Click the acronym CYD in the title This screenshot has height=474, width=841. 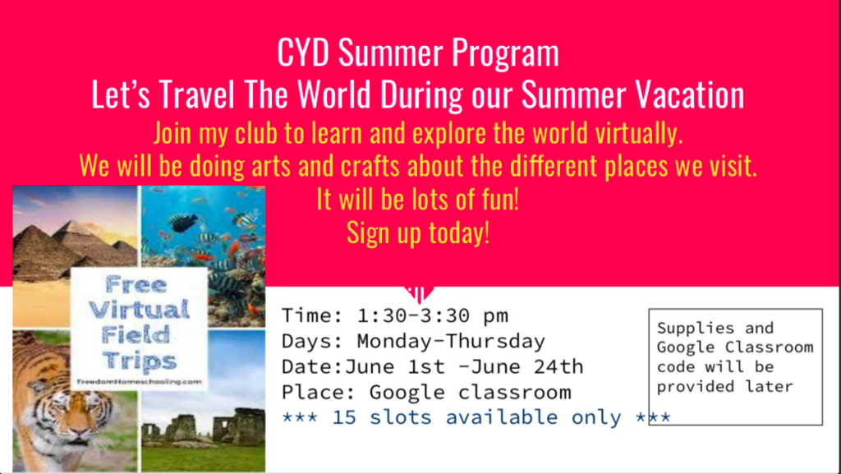point(303,53)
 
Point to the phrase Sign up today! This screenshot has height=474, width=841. point(418,232)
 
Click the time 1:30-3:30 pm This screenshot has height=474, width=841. point(432,315)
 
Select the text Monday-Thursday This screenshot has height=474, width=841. point(451,341)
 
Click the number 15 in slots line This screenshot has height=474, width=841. point(344,417)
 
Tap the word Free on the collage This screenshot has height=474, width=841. point(136,284)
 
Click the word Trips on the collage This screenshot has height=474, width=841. point(139,360)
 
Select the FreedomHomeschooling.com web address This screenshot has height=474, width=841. point(140,382)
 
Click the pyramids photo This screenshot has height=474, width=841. point(75,256)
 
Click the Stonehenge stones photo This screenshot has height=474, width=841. point(204,401)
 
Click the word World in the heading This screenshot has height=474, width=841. point(333,95)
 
